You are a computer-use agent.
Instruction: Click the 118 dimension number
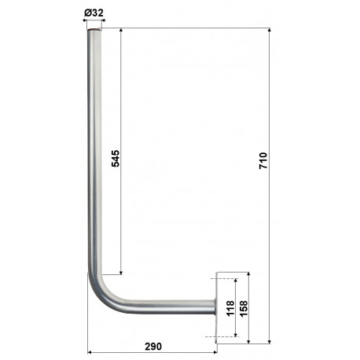(230, 307)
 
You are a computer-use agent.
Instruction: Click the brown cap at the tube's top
(95, 30)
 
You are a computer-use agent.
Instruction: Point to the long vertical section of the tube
(95, 157)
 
